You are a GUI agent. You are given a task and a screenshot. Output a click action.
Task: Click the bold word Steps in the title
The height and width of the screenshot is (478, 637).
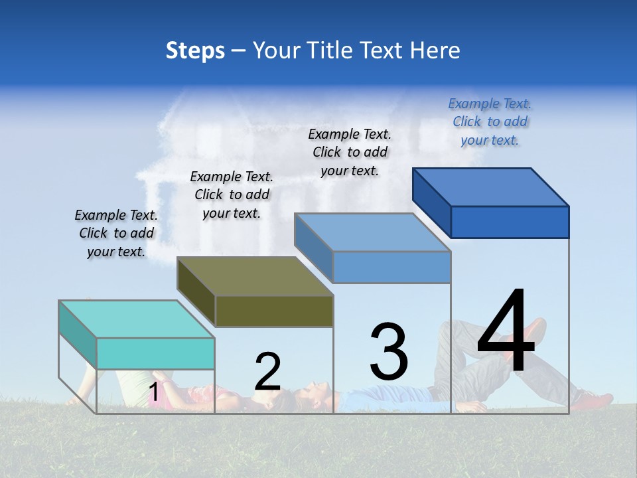pos(195,50)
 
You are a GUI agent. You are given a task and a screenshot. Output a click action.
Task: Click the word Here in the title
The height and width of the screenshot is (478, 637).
pos(435,50)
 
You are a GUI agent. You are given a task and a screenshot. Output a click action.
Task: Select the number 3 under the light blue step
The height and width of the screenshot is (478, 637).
pos(389,351)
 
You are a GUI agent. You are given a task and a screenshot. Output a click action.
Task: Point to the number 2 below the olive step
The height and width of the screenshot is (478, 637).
pos(267,371)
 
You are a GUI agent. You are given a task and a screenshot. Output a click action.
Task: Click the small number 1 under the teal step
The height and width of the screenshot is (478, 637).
pos(153,392)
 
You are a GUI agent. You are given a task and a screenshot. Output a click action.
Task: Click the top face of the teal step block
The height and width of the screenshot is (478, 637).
pos(137,319)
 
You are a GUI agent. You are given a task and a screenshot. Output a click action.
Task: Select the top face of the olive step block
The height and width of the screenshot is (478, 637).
pos(255,276)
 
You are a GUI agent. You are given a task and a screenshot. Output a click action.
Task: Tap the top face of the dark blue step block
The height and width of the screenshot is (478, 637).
pos(491,187)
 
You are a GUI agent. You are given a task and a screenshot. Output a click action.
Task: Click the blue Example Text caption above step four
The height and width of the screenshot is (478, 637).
pos(490,121)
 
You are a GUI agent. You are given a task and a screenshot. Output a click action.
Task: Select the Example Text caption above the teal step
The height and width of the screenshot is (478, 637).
pos(116,233)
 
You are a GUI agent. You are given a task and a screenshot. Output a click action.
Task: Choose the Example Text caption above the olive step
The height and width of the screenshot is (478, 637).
pos(232,195)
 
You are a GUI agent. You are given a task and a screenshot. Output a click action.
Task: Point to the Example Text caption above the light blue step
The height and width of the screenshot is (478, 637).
pos(350,152)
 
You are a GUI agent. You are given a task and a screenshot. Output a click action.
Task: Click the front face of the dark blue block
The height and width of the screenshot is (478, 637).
pos(510,222)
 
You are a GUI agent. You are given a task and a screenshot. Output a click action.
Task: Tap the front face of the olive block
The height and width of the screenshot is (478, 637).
pos(274,311)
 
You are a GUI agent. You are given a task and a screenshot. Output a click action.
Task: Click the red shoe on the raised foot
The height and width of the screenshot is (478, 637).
pos(534,332)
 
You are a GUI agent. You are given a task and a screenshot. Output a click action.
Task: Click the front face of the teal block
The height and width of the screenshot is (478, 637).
pos(155,353)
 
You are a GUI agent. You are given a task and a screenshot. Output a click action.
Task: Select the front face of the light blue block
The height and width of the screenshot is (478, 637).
pos(391,267)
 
